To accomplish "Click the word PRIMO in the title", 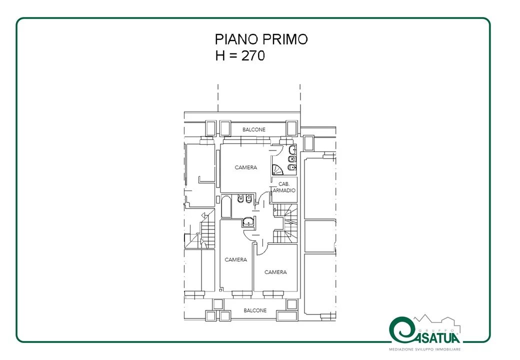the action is (x=285, y=39).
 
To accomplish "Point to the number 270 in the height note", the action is (x=253, y=55).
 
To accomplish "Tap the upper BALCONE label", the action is (x=254, y=129).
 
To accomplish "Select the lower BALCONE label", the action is (x=255, y=310).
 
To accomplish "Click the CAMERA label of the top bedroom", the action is (x=245, y=167).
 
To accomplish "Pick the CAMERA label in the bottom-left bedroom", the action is (x=236, y=259).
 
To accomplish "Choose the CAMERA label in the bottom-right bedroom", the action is (x=275, y=272).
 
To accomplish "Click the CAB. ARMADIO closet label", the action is (x=284, y=187).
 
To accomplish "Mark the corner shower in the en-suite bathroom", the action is (x=277, y=169).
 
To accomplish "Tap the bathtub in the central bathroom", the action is (x=226, y=207).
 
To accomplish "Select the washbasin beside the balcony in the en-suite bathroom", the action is (x=292, y=150).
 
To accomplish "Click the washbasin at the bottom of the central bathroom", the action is (x=248, y=222).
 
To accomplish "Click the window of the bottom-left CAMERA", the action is (x=241, y=293).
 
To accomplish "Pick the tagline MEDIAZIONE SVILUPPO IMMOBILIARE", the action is (x=425, y=349).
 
